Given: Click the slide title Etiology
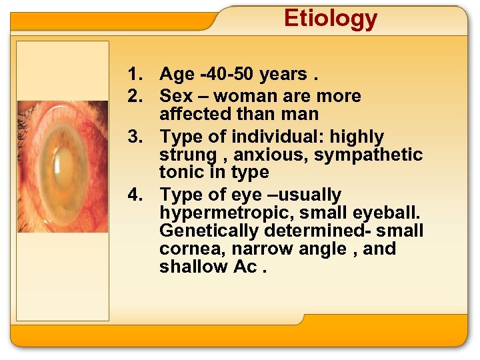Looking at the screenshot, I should coord(330,19).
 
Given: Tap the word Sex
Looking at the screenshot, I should coord(177,95).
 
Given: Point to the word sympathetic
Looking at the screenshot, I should coord(369,155).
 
